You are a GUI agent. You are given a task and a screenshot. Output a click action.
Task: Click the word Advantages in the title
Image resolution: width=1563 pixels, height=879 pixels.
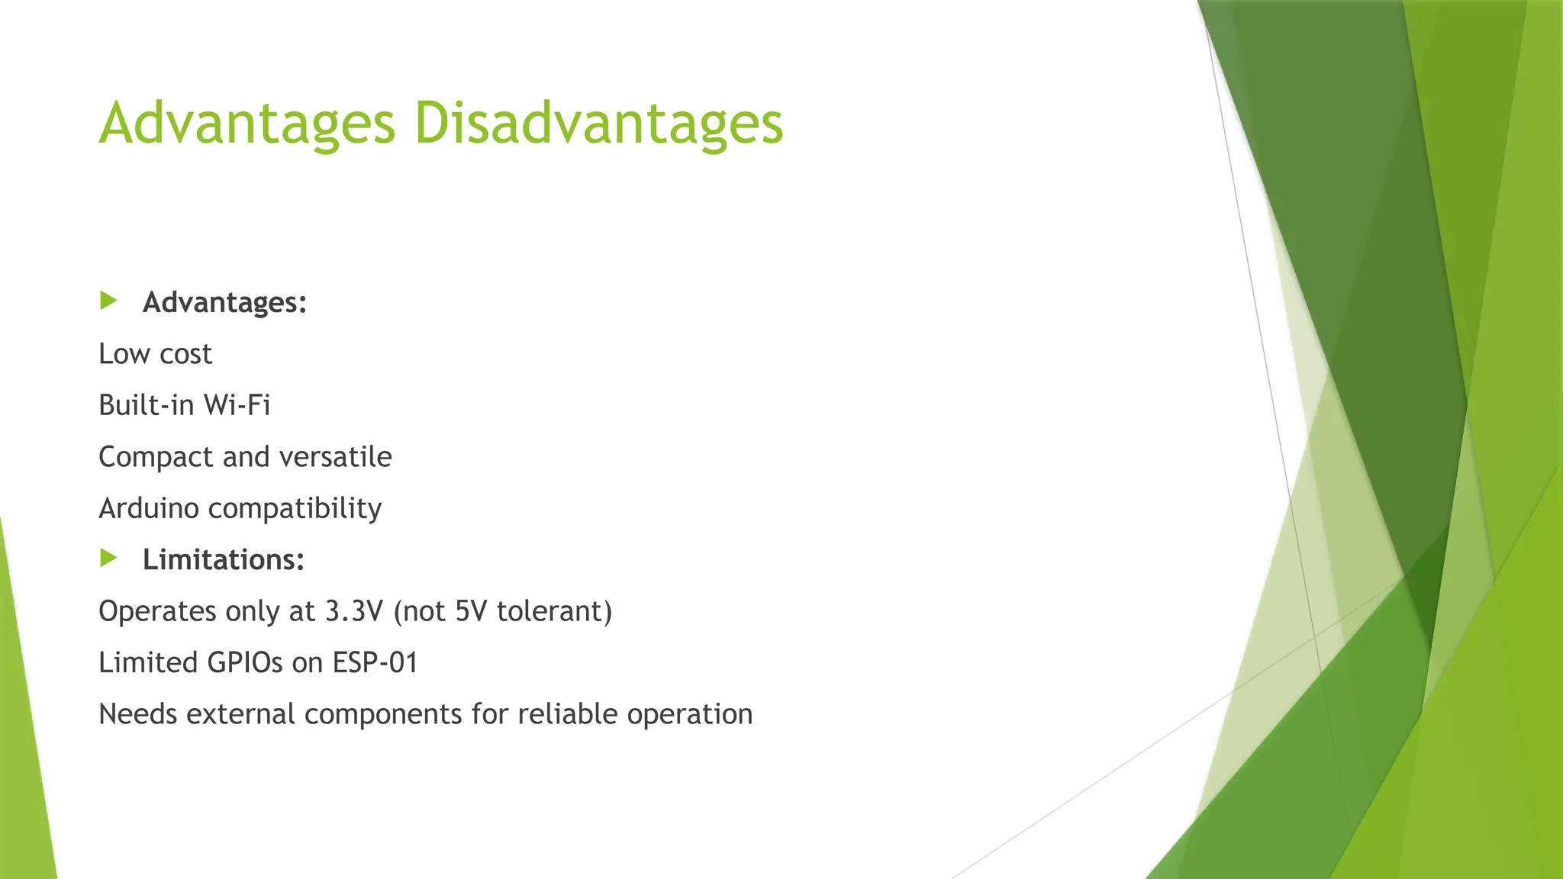pos(247,124)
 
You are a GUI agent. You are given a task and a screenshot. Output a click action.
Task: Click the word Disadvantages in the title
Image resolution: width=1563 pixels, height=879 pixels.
pos(598,124)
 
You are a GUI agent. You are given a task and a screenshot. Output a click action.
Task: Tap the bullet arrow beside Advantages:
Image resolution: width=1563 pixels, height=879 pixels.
pos(108,301)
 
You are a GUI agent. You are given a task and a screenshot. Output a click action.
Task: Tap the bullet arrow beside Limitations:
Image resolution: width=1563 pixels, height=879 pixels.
pos(108,559)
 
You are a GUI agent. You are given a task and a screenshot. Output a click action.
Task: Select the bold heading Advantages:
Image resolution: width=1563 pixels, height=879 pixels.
pos(224,303)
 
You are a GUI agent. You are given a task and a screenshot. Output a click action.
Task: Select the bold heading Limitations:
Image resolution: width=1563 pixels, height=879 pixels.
pos(223,560)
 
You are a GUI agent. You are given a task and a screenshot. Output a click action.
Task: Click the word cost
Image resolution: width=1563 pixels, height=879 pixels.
pos(185,354)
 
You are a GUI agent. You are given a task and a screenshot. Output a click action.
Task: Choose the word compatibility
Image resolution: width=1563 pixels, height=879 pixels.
pos(295,509)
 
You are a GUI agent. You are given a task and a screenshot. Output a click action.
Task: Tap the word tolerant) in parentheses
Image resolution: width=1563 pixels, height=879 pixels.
pos(554,611)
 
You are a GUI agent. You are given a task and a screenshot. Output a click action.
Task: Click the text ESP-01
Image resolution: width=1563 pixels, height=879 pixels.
pos(375,662)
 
